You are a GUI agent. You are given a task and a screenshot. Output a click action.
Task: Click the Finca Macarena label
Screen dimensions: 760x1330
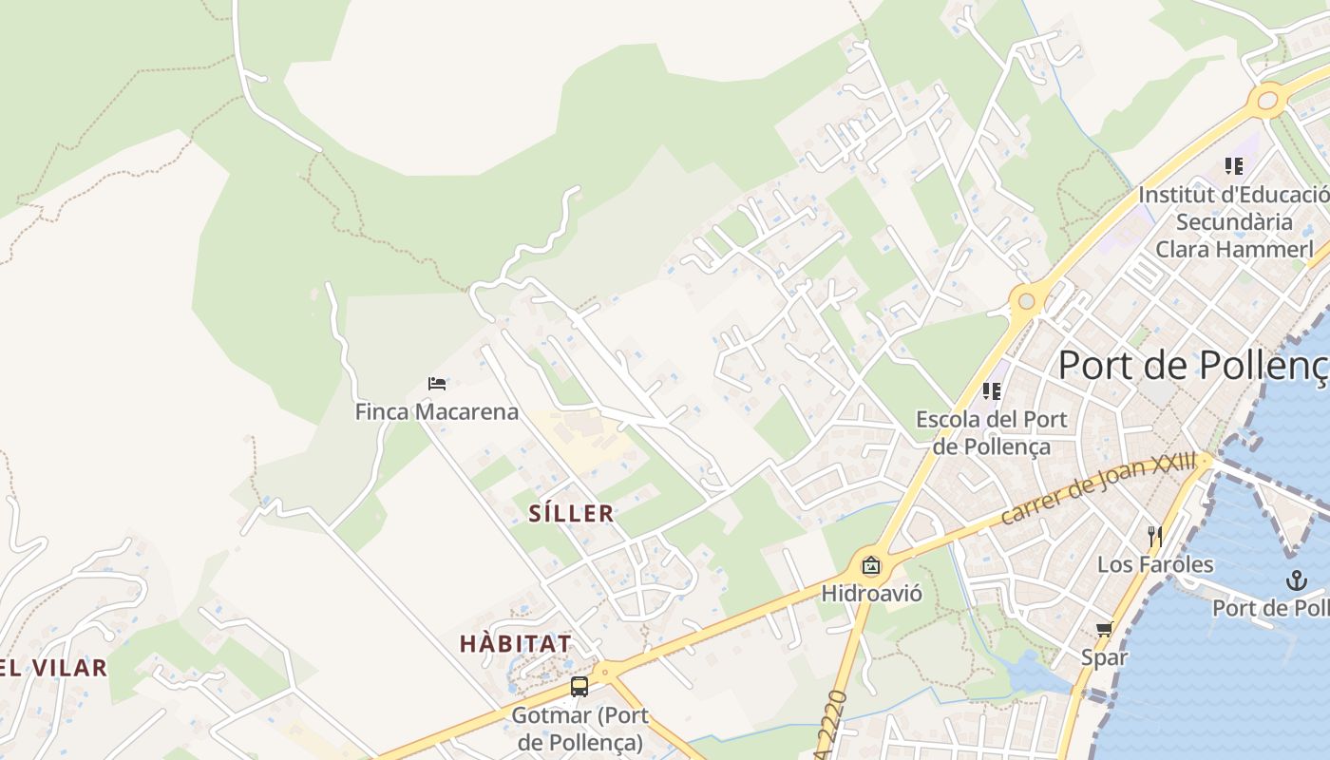437,411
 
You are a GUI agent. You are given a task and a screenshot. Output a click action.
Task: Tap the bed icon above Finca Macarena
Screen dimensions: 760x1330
437,384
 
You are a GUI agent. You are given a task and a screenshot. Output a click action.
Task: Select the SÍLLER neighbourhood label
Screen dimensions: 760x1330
571,514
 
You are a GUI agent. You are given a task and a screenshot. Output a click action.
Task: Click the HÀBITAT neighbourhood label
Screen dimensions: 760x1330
516,643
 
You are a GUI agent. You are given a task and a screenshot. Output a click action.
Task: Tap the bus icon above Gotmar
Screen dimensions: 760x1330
579,687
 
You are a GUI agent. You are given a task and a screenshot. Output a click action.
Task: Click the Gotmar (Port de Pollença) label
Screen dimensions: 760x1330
579,728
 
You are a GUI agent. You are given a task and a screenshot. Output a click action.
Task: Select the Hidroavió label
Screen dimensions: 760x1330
871,594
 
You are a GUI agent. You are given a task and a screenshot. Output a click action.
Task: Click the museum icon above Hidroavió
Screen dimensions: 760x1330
871,566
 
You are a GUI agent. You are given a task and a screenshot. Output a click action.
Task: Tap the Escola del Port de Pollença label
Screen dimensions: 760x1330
992,432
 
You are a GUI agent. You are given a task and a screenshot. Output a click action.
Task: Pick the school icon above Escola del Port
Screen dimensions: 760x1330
992,390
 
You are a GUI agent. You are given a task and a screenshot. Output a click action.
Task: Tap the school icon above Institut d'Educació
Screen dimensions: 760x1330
1234,166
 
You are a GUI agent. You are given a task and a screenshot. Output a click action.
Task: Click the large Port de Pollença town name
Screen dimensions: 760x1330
1193,365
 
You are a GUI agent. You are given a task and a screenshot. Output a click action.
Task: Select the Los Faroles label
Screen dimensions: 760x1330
1155,564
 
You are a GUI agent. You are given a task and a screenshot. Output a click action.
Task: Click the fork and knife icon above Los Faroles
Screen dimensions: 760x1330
1155,536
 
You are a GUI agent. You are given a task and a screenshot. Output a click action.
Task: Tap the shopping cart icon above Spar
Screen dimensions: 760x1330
1104,629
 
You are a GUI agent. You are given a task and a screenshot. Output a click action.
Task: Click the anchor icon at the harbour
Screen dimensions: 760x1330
1296,579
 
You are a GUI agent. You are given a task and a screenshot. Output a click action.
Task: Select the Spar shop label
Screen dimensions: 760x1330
1104,656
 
